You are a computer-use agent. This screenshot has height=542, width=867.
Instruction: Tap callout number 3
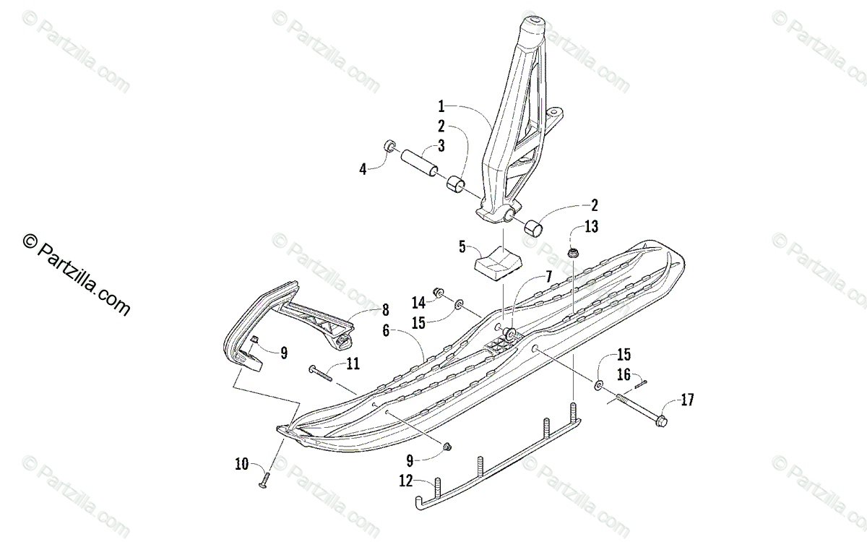pos(441,145)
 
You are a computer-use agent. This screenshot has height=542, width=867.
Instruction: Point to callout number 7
pos(548,275)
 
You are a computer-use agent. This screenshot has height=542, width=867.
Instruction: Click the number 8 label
pos(385,311)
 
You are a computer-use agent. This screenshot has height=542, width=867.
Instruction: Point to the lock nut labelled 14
pos(438,293)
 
